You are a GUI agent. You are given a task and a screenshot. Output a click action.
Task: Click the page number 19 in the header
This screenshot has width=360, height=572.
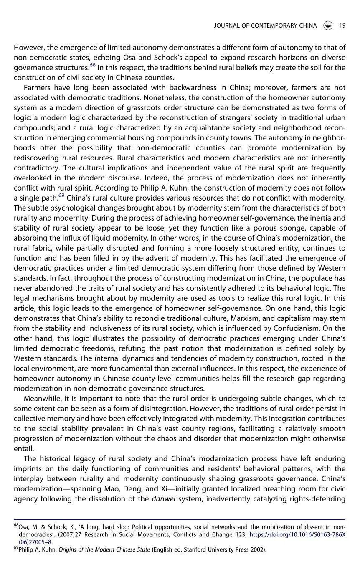click(342, 25)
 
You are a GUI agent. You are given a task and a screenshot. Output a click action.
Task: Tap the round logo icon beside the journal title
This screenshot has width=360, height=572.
click(328, 25)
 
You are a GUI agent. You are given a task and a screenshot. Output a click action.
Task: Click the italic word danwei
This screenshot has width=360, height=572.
click(162, 498)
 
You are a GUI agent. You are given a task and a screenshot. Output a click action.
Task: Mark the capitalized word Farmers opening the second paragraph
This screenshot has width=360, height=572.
click(38, 87)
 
